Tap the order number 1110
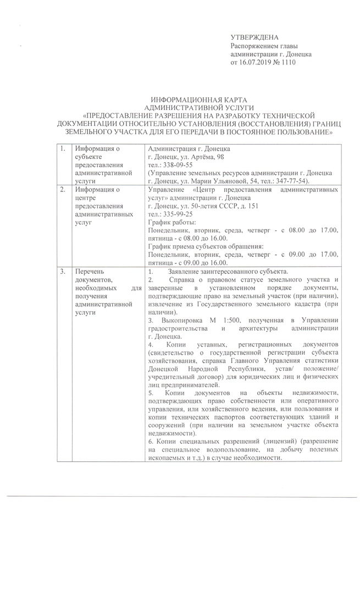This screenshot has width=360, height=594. click(288, 63)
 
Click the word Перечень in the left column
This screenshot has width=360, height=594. click(88, 272)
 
